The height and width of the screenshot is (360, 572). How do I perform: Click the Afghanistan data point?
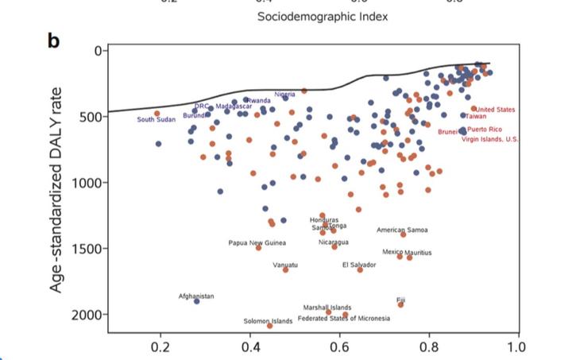pyautogui.click(x=197, y=301)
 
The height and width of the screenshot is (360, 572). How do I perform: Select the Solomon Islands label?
pyautogui.click(x=269, y=321)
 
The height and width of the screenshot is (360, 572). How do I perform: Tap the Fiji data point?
pyautogui.click(x=400, y=304)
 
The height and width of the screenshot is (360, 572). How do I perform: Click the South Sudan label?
pyautogui.click(x=156, y=120)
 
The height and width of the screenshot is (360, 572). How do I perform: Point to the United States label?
pyautogui.click(x=495, y=110)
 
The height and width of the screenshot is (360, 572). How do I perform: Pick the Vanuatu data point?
pyautogui.click(x=286, y=269)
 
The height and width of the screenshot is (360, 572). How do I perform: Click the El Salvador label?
pyautogui.click(x=359, y=264)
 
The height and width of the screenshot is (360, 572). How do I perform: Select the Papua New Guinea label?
pyautogui.click(x=257, y=242)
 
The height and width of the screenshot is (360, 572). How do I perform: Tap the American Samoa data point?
pyautogui.click(x=403, y=234)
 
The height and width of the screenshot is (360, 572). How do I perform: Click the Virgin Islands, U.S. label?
pyautogui.click(x=490, y=139)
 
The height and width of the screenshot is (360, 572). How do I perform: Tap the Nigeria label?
pyautogui.click(x=284, y=94)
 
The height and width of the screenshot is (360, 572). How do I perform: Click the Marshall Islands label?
pyautogui.click(x=327, y=307)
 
